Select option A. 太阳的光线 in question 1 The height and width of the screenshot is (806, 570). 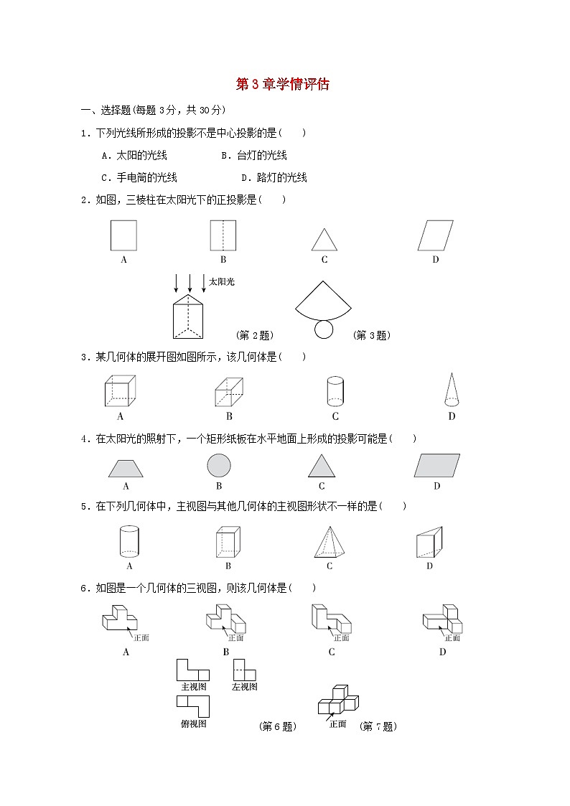[134, 155]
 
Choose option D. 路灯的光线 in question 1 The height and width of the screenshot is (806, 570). [274, 177]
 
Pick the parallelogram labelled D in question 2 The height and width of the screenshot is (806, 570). [436, 235]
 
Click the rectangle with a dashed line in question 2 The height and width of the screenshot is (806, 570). [223, 235]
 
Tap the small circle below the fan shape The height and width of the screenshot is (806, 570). [324, 329]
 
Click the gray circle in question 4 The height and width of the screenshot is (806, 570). [219, 466]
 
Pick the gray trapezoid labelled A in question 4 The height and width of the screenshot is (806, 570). [126, 469]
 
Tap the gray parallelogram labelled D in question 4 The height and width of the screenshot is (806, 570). [436, 466]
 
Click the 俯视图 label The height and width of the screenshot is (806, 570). [193, 724]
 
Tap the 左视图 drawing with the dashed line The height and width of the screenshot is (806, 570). [244, 670]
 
